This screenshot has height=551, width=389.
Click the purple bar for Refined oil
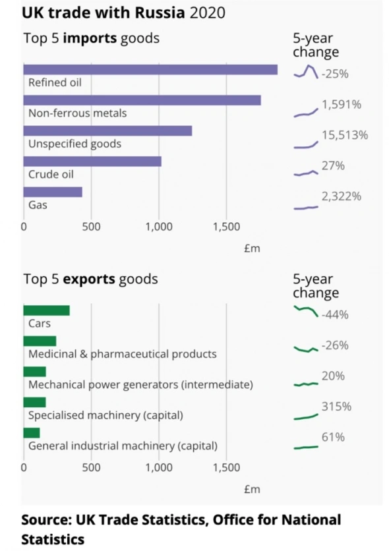pyautogui.click(x=150, y=70)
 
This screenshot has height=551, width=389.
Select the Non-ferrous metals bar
pyautogui.click(x=142, y=100)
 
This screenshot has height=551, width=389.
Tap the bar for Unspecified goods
pyautogui.click(x=107, y=130)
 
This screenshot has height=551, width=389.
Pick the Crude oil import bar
pyautogui.click(x=92, y=161)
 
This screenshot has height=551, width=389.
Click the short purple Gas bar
pyautogui.click(x=53, y=192)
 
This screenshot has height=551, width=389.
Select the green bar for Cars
pyautogui.click(x=46, y=310)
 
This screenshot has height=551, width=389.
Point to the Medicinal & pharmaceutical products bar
pyautogui.click(x=40, y=341)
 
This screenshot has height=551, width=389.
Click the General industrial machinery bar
pyautogui.click(x=32, y=432)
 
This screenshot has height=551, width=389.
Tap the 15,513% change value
pyautogui.click(x=344, y=135)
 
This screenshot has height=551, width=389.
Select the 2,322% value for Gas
pyautogui.click(x=341, y=196)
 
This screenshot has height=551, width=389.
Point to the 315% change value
pyautogui.click(x=336, y=407)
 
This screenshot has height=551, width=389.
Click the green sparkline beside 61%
pyautogui.click(x=306, y=448)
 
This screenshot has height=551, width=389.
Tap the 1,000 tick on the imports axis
pyautogui.click(x=159, y=227)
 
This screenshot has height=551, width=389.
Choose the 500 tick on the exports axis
pyautogui.click(x=91, y=468)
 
